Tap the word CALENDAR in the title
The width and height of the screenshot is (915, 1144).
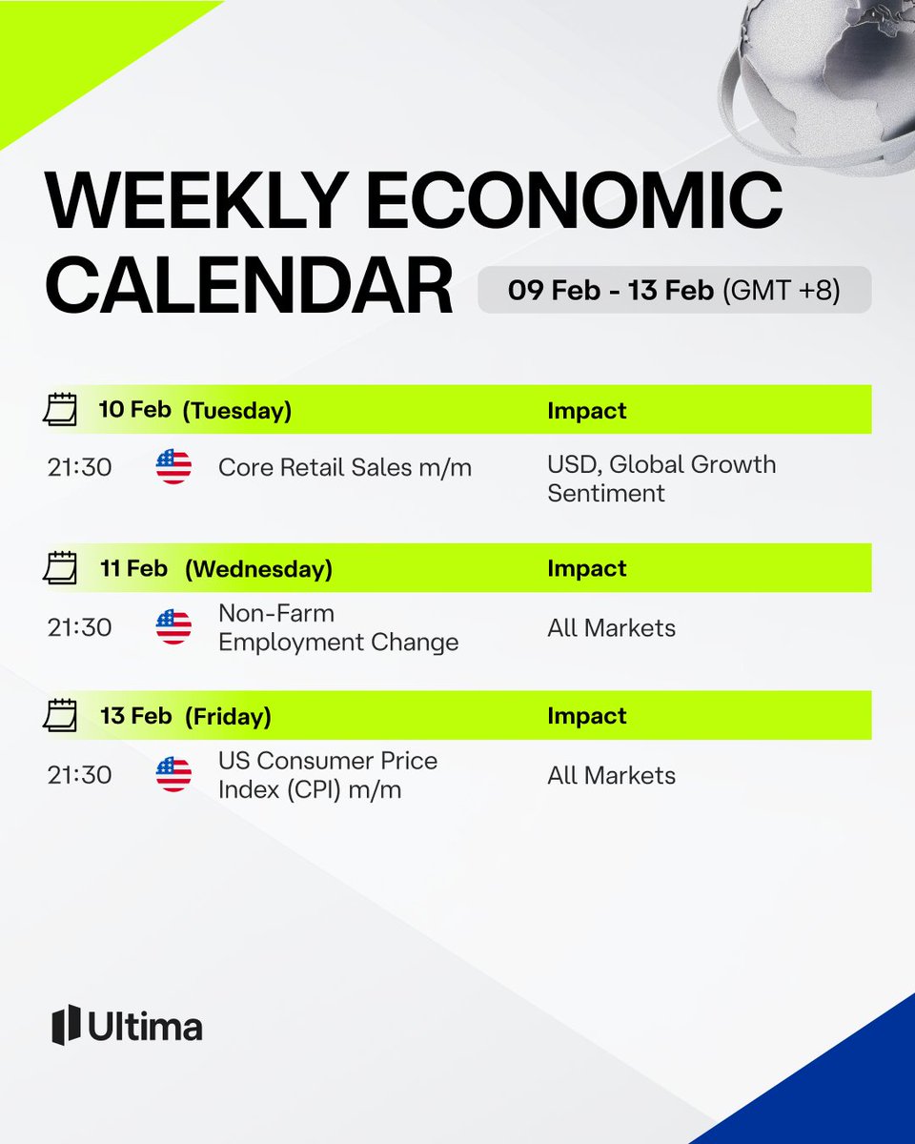click(x=250, y=285)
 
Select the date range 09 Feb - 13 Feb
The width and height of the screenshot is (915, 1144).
click(x=611, y=290)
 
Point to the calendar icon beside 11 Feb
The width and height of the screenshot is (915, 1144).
click(x=60, y=569)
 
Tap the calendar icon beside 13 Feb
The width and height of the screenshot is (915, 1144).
click(x=60, y=716)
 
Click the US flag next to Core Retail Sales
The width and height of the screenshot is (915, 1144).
click(x=173, y=467)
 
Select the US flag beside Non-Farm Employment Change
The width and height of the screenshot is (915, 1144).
click(x=173, y=627)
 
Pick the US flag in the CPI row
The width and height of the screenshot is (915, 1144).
click(x=173, y=775)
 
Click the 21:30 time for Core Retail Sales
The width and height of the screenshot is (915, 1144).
click(x=79, y=467)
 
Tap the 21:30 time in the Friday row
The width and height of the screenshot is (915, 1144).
click(x=79, y=775)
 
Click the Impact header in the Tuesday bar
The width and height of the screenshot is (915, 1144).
click(x=586, y=411)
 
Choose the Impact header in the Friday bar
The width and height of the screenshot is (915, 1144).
click(x=586, y=716)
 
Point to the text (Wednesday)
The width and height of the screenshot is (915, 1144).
click(x=258, y=569)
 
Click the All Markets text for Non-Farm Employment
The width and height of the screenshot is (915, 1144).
click(x=611, y=627)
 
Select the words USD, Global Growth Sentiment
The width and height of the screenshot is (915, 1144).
click(x=661, y=479)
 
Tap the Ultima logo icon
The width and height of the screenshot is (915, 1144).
click(x=65, y=1025)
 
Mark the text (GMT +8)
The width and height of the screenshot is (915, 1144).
click(x=782, y=290)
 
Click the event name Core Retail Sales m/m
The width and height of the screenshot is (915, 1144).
click(x=344, y=467)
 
